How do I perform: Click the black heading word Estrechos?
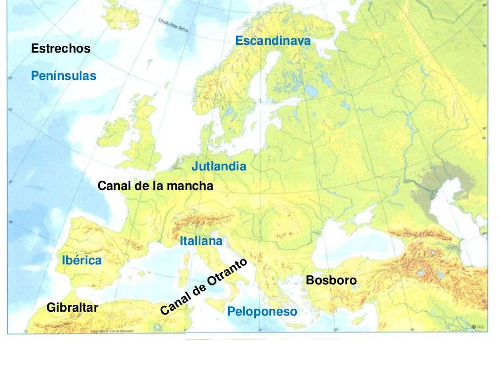click(x=60, y=49)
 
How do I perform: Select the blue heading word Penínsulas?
click(x=63, y=76)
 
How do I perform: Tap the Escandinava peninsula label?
click(x=272, y=41)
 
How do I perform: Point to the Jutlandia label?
click(x=219, y=167)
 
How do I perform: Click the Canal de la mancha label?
click(x=155, y=186)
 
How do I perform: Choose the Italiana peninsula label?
click(x=201, y=241)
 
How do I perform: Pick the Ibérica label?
click(x=82, y=261)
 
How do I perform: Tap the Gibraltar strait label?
click(x=72, y=308)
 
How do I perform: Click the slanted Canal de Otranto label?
click(x=204, y=286)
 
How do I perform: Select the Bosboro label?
click(x=331, y=280)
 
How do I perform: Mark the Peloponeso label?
click(x=262, y=312)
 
